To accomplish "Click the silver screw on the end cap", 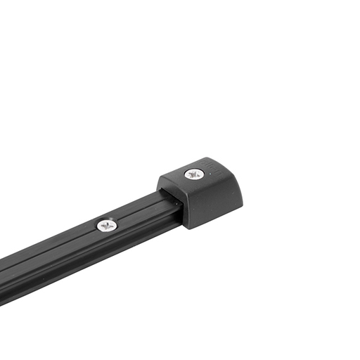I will pos(194,173).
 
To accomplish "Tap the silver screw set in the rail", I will pos(107,225).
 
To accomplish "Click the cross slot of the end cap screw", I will pos(194,173).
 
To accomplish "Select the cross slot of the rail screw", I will pos(107,225).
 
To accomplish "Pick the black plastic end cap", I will pos(204,190).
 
